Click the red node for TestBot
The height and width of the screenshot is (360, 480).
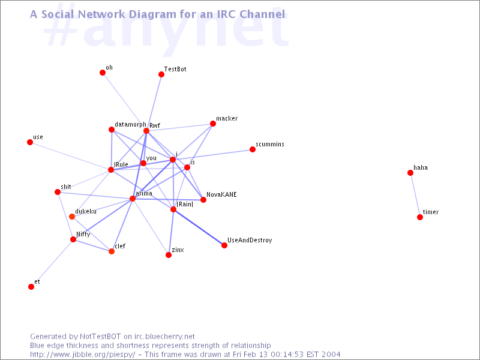tap(161, 74)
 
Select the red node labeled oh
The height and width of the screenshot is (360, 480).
tap(103, 73)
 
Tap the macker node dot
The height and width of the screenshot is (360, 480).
tap(213, 124)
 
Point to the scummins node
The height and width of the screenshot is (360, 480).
tap(252, 149)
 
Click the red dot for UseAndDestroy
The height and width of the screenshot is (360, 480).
tap(224, 245)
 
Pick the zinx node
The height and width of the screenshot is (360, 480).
tap(169, 255)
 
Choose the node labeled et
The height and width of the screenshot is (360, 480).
tap(31, 287)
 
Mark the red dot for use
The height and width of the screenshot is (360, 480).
tap(30, 142)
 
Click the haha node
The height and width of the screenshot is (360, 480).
tap(410, 173)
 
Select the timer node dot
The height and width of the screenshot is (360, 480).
tap(420, 217)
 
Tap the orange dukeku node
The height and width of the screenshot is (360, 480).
tap(72, 217)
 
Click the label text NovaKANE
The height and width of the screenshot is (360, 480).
tap(221, 194)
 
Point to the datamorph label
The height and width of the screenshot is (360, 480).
tap(130, 125)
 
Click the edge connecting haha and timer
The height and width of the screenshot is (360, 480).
tap(415, 195)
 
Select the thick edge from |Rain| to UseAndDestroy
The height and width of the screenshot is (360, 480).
tap(199, 227)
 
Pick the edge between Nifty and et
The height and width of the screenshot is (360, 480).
tap(52, 263)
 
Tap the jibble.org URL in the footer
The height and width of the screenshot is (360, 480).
tap(82, 355)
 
